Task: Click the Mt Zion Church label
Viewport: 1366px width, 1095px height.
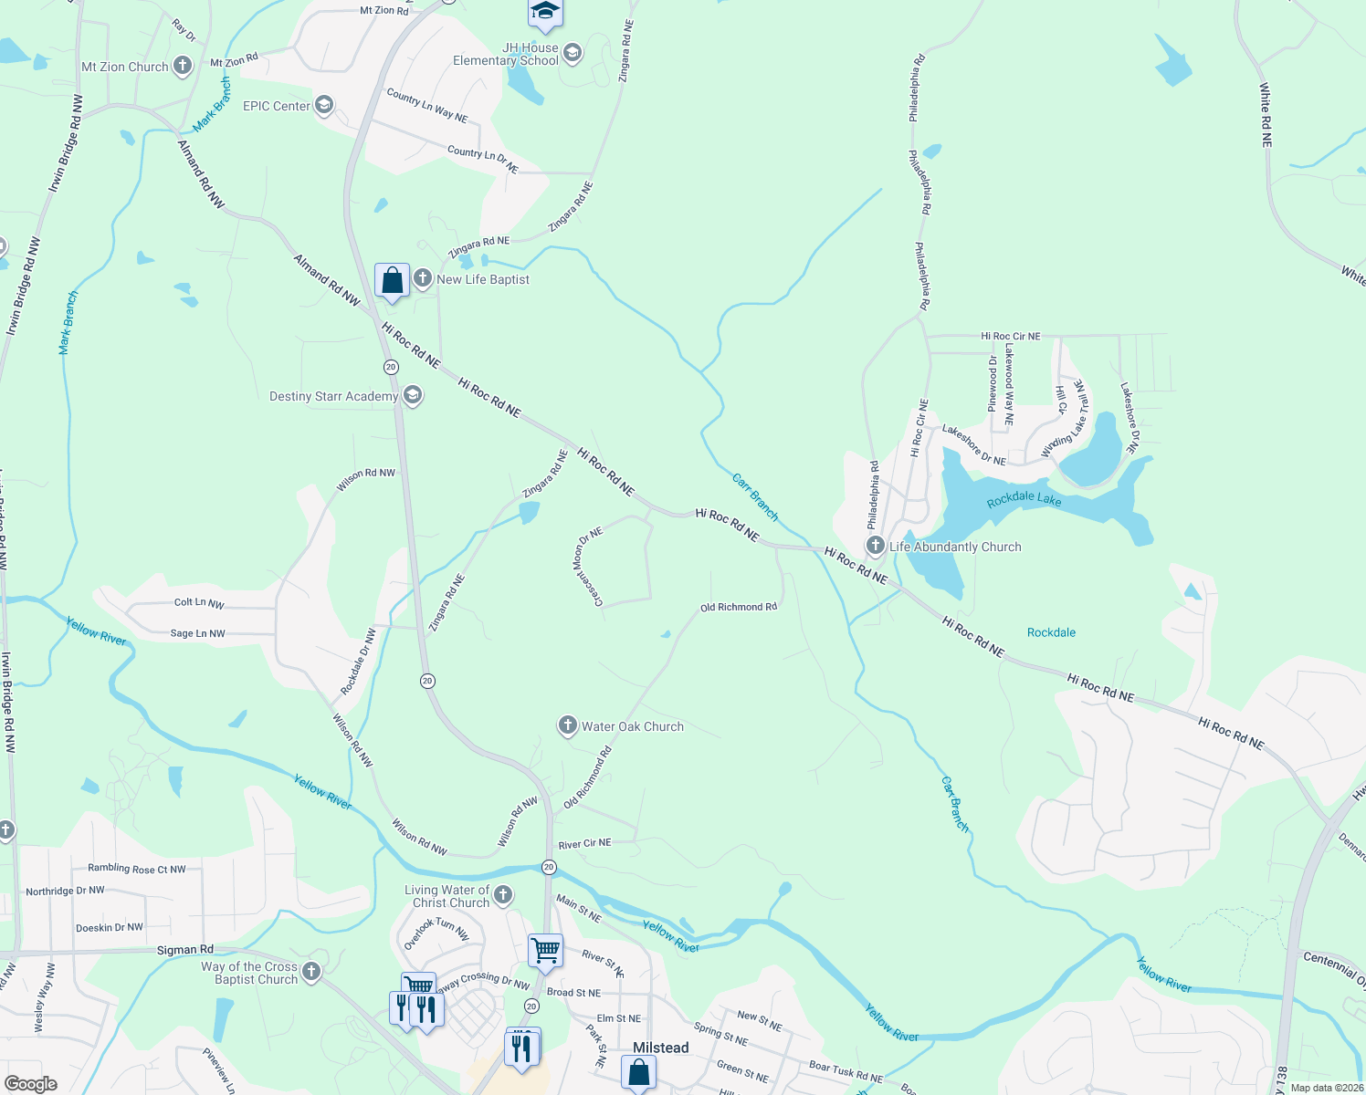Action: pos(125,67)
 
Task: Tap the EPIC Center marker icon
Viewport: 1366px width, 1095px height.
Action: pos(323,106)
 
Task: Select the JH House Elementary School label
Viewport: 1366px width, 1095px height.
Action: pos(506,54)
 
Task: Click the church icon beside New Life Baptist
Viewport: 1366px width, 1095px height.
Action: pos(423,278)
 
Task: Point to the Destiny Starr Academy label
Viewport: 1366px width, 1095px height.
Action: pos(333,396)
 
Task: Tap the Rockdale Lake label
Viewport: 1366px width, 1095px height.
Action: pos(1024,499)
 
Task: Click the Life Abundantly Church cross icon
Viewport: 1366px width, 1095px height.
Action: pos(876,547)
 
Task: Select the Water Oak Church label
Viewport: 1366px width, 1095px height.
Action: pos(632,726)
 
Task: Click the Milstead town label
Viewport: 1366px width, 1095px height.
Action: pos(661,1048)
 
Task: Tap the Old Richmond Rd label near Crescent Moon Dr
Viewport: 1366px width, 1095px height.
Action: pos(738,607)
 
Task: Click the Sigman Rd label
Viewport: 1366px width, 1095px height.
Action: pos(184,950)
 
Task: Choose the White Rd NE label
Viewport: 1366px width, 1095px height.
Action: pos(1266,115)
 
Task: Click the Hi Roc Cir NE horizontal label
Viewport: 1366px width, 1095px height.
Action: pos(1010,336)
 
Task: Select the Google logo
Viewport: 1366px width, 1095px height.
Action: pos(30,1084)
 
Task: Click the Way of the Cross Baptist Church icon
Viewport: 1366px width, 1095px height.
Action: pos(311,973)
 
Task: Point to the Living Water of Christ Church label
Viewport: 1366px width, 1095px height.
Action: pos(447,896)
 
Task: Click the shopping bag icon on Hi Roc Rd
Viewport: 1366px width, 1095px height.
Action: pos(392,280)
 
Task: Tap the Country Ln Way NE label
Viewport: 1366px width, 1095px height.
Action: pos(426,105)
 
